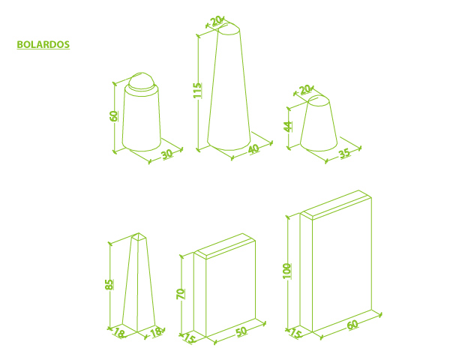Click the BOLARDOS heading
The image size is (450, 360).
click(43, 44)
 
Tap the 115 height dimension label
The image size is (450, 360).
click(197, 90)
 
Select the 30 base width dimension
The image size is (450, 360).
click(167, 154)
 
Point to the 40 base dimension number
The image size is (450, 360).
click(253, 149)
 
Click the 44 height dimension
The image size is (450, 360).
click(288, 127)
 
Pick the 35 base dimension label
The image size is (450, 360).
click(345, 153)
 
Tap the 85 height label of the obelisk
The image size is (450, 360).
click(109, 284)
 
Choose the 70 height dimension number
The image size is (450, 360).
click(181, 294)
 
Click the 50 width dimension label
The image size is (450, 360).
click(241, 331)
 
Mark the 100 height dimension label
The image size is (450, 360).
click(287, 271)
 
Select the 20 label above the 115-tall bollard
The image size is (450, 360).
click(216, 21)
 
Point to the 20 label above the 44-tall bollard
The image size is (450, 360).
click(304, 89)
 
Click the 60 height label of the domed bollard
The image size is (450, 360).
click(114, 116)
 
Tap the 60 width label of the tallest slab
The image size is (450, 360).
click(352, 325)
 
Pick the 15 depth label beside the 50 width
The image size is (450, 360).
click(190, 338)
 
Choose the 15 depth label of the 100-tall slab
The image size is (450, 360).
click(295, 333)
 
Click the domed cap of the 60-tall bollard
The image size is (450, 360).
click(141, 81)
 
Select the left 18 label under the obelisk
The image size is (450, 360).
click(119, 333)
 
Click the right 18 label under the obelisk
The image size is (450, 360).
click(157, 332)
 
